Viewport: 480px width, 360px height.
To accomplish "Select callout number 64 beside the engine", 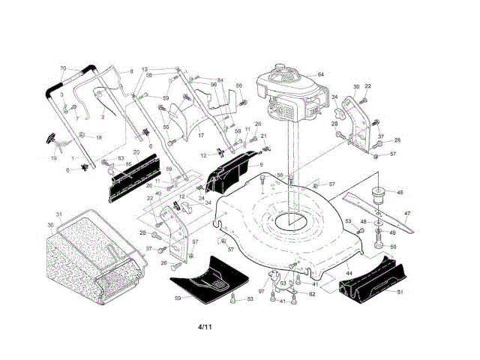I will [320, 75].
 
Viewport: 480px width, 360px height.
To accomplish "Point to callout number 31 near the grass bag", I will [59, 215].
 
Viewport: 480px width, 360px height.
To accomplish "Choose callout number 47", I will [407, 214].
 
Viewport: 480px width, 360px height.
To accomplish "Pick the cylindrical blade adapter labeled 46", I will [379, 194].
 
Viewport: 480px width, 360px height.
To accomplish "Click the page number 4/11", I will [205, 328].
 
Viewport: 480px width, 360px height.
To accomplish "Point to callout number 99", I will [178, 298].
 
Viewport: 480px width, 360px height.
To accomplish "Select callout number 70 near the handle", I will [63, 68].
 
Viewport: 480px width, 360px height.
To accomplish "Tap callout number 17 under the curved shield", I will [200, 135].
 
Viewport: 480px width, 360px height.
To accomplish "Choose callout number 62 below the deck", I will [311, 295].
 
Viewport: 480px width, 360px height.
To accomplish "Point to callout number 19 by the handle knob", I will [53, 158].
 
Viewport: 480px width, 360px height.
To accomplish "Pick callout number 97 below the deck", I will [262, 290].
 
